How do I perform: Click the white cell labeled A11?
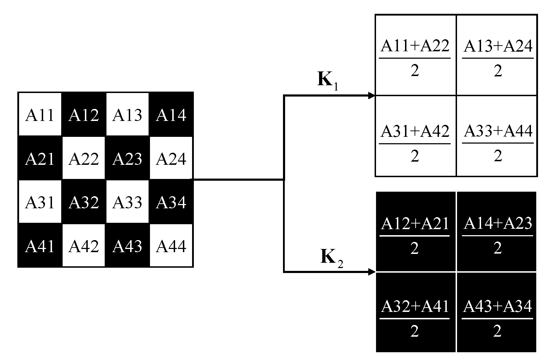(x=40, y=115)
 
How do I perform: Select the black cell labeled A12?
(x=84, y=115)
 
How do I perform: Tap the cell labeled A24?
(x=171, y=159)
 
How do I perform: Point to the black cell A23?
(x=127, y=159)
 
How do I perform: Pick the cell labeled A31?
(x=40, y=202)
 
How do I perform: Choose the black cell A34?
(x=171, y=202)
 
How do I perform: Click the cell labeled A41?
(x=40, y=246)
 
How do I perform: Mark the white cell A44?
(x=171, y=246)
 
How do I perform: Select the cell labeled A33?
(x=127, y=202)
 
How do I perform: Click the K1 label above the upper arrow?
(x=327, y=80)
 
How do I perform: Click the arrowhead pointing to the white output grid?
(x=371, y=95)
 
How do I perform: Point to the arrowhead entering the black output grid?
(x=371, y=272)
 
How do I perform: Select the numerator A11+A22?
(x=415, y=46)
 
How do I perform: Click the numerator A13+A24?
(x=498, y=46)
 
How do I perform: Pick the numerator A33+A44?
(x=498, y=131)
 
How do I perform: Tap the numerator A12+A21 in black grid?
(x=415, y=223)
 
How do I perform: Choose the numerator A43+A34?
(x=497, y=306)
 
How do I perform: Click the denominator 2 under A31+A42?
(x=415, y=156)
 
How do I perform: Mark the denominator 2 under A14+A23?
(x=497, y=248)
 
